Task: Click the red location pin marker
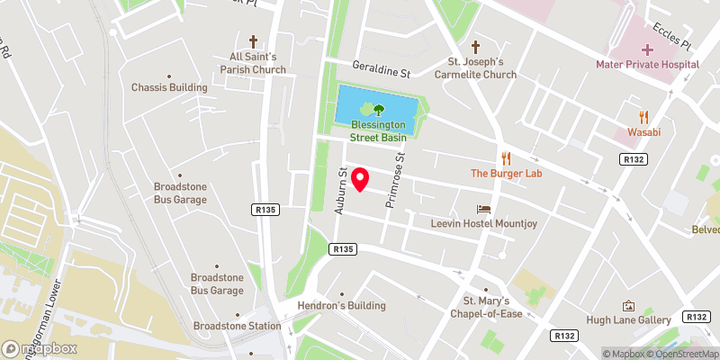pos(361,179)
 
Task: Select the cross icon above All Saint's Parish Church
pos(253,41)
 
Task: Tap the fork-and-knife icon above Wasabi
pos(643,117)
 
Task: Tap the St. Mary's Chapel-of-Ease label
pos(486,306)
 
